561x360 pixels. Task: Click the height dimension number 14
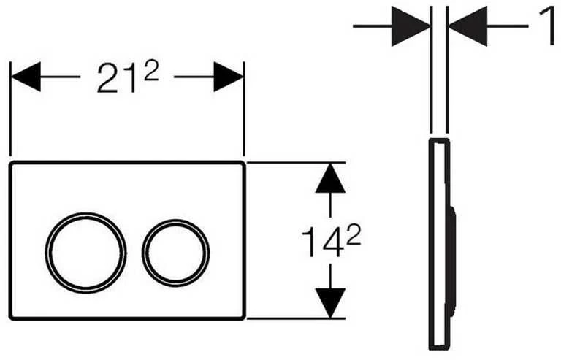pyautogui.click(x=321, y=242)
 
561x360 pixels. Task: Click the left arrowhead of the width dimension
pyautogui.click(x=26, y=77)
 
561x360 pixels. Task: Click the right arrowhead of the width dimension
pyautogui.click(x=228, y=77)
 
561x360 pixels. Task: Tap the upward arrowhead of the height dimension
pyautogui.click(x=330, y=179)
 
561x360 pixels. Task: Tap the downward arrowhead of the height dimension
pyautogui.click(x=330, y=303)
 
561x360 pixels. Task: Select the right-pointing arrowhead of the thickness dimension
pyautogui.click(x=411, y=26)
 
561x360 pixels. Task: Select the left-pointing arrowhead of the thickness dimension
pyautogui.click(x=467, y=26)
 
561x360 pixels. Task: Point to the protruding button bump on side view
pyautogui.click(x=453, y=260)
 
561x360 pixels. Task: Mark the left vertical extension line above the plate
pyautogui.click(x=10, y=109)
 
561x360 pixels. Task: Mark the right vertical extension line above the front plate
pyautogui.click(x=244, y=109)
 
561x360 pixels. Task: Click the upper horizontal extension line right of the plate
pyautogui.click(x=297, y=163)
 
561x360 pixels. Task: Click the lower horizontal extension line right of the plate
pyautogui.click(x=297, y=318)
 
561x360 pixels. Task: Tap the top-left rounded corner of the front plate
pyautogui.click(x=11, y=164)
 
